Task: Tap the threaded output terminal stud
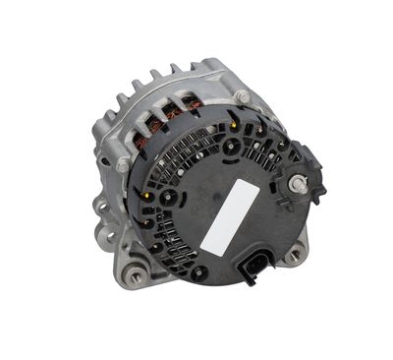(x=300, y=184)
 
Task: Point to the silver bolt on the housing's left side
(x=123, y=165)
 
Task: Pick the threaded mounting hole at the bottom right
(x=293, y=255)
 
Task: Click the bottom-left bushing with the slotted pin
(x=136, y=265)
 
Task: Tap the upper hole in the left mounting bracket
(x=100, y=208)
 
